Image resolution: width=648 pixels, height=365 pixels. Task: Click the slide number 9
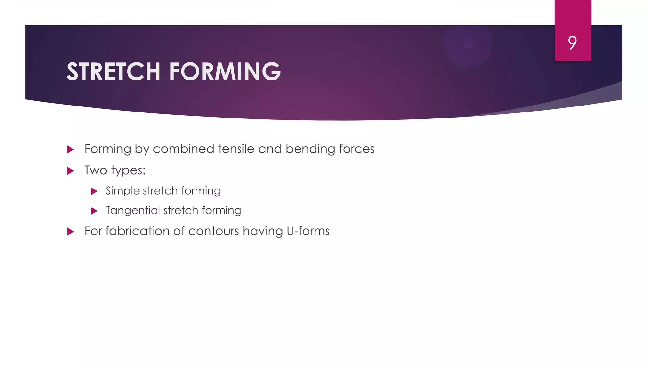pos(572,43)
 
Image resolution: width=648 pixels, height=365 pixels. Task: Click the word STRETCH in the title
pos(114,72)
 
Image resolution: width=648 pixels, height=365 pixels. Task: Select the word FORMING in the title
pos(225,72)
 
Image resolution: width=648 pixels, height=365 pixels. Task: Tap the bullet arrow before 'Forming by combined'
pos(71,150)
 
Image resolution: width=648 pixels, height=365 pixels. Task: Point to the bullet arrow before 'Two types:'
pos(71,171)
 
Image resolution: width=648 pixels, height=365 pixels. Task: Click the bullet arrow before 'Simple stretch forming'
pos(94,191)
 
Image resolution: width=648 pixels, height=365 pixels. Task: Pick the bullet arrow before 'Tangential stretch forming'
pos(94,211)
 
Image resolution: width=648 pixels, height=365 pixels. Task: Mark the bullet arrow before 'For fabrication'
pos(71,232)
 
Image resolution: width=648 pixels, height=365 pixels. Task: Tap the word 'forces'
pos(357,149)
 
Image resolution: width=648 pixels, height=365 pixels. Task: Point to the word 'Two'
pos(96,170)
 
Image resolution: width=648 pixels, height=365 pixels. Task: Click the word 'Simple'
pos(122,191)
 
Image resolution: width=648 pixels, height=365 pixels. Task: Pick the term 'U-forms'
pos(308,231)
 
